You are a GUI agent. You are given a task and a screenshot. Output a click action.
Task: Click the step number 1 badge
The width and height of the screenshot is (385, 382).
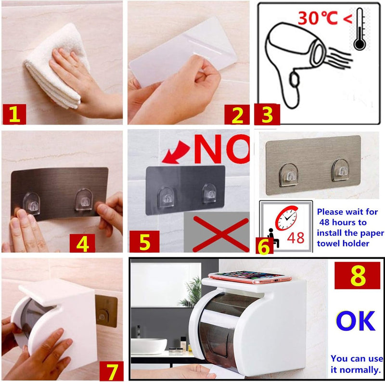pyautogui.click(x=14, y=114)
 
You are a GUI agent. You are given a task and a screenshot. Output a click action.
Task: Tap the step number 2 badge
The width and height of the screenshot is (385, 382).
pyautogui.click(x=237, y=115)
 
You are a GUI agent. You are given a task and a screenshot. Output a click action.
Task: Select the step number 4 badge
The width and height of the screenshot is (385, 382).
pyautogui.click(x=82, y=243)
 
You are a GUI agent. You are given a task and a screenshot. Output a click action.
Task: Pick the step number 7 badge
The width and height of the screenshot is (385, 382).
pyautogui.click(x=112, y=371)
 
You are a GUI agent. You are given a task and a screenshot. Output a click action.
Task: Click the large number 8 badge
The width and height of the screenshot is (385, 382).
pyautogui.click(x=357, y=275)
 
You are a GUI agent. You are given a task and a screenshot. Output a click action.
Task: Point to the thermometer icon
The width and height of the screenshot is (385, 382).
pyautogui.click(x=359, y=29)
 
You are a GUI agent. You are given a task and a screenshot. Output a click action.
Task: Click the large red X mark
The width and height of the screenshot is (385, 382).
pyautogui.click(x=221, y=234)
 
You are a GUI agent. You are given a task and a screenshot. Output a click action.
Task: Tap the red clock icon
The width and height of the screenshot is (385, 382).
pyautogui.click(x=286, y=218)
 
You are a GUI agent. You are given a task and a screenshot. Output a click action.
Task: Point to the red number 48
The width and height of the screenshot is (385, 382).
pyautogui.click(x=295, y=238)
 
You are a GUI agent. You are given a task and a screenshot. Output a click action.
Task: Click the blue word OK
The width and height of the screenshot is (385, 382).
pyautogui.click(x=356, y=321)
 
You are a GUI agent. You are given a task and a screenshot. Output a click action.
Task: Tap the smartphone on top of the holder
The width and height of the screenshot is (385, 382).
pyautogui.click(x=250, y=277)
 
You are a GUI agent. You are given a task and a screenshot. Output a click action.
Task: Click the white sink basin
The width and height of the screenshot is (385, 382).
pyautogui.click(x=149, y=346)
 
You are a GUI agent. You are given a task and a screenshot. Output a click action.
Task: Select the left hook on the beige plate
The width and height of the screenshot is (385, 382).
pyautogui.click(x=289, y=175)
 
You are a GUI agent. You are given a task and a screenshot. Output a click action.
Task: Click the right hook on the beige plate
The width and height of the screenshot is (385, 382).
pyautogui.click(x=341, y=170)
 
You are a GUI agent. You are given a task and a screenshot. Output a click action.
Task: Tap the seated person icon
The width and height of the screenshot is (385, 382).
pyautogui.click(x=273, y=238)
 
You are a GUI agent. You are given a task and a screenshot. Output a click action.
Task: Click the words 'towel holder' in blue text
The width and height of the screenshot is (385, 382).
pyautogui.click(x=343, y=243)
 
